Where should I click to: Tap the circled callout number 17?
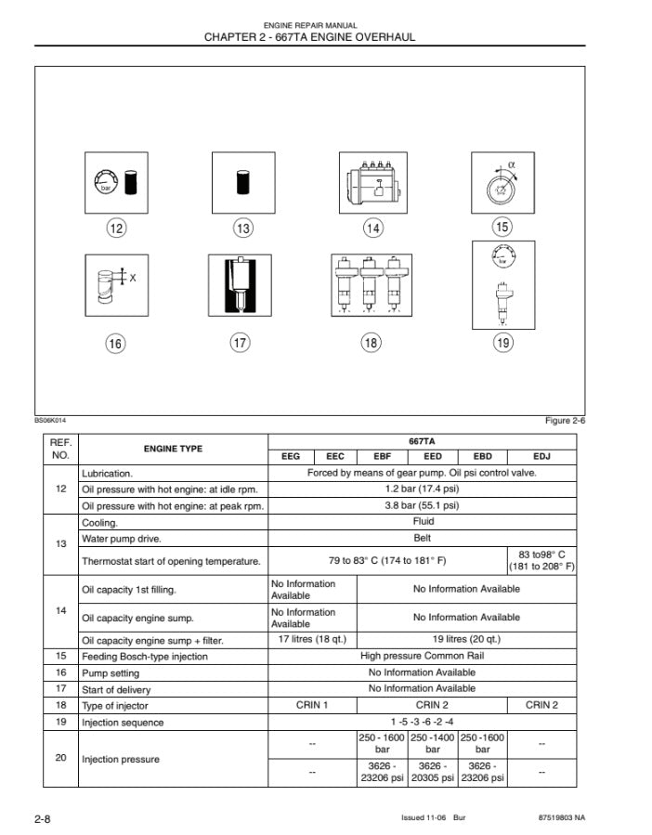coord(240,343)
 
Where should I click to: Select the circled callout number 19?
coord(502,343)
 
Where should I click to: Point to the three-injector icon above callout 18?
coord(372,286)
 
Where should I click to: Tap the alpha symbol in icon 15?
coord(512,166)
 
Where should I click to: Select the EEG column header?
coord(291,457)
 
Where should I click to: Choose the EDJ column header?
coord(541,457)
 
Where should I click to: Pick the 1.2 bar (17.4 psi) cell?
coord(422,489)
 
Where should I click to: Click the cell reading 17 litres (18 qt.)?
coord(312,639)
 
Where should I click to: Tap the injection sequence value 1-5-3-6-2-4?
coord(422,722)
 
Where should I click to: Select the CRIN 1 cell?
coord(312,705)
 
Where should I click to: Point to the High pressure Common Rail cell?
coord(422,656)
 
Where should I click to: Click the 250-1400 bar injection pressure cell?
coord(433,742)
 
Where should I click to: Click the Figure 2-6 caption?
coord(565,421)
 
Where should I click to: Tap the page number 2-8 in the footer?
coord(42,818)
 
